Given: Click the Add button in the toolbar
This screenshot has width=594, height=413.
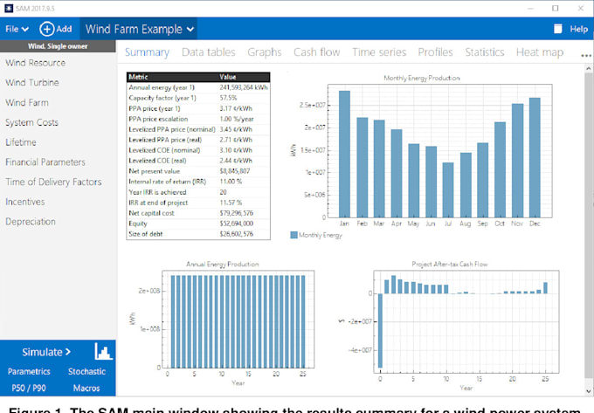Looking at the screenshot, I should click(56, 29).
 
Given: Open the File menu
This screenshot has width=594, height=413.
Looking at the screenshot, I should click(17, 29).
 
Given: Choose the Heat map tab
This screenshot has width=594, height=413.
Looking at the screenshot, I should click(539, 52).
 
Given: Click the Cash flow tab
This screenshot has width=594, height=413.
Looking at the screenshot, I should click(316, 52).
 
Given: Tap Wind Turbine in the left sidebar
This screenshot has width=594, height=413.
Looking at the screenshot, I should click(32, 83).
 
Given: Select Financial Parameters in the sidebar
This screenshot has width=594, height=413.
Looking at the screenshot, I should click(45, 162).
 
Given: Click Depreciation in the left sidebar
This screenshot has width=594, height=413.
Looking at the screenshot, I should click(31, 222).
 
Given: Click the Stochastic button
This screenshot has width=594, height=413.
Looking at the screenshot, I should click(87, 371).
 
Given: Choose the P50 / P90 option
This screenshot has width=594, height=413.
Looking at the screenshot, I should click(29, 386).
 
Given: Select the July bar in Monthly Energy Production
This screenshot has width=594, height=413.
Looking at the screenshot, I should click(447, 189).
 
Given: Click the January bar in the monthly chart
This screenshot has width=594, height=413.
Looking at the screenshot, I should click(344, 154).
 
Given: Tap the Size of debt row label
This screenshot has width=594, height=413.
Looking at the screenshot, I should click(149, 234).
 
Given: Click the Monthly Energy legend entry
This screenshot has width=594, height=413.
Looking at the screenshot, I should click(318, 235).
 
